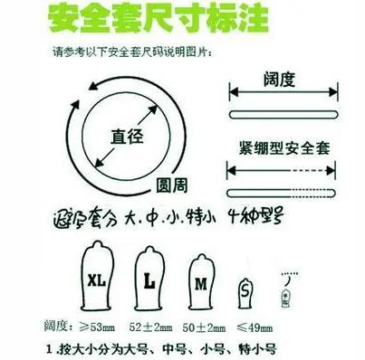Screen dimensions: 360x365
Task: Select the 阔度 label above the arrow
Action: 280,80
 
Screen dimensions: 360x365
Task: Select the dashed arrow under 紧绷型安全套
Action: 280,171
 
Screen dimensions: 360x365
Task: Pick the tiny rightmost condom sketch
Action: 290,287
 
